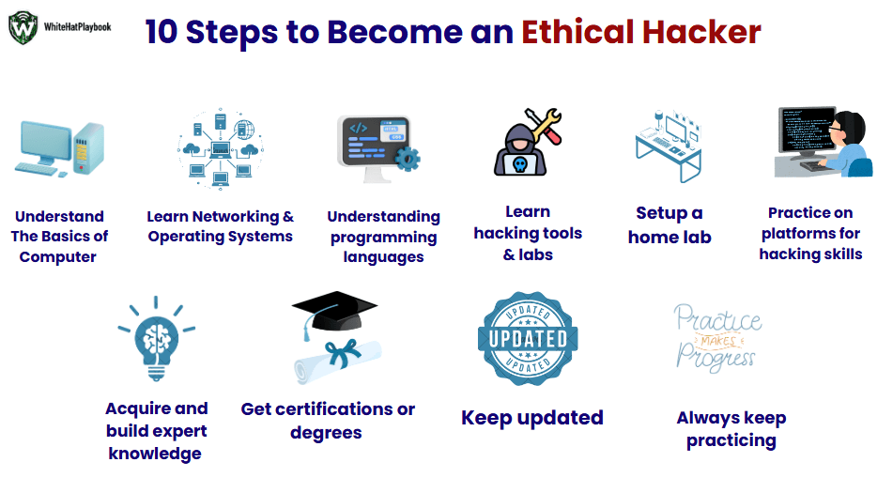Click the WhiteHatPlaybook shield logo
(x=23, y=27)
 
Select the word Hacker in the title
(x=701, y=31)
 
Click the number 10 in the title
(x=162, y=32)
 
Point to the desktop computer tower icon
(x=89, y=148)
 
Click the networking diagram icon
(x=221, y=149)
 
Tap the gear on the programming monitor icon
(x=408, y=159)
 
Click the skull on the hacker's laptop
(x=520, y=164)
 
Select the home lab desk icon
(x=669, y=146)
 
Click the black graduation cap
(x=334, y=311)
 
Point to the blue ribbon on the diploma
(x=343, y=353)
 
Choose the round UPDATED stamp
(x=528, y=339)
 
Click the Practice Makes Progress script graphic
(x=717, y=338)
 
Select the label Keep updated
(x=531, y=418)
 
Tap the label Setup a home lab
(x=669, y=225)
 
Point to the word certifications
(x=334, y=409)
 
